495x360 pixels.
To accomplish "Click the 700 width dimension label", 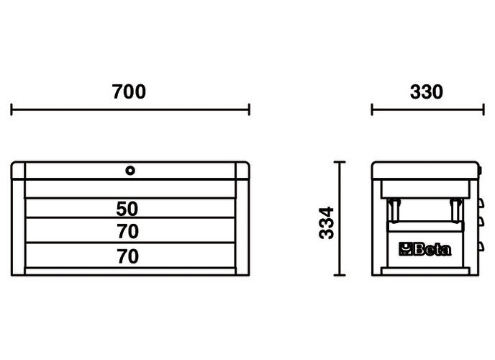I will click(130, 92).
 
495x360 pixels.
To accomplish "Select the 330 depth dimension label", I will click(427, 92).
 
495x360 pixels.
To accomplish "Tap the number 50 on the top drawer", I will click(127, 209).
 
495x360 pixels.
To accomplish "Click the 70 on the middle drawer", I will click(127, 232).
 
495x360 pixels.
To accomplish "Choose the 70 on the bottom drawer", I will click(127, 256).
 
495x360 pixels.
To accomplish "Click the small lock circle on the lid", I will click(130, 171).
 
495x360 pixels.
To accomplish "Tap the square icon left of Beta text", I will click(406, 251).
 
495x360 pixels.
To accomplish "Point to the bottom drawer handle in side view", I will click(478, 248).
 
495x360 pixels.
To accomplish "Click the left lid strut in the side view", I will click(394, 211).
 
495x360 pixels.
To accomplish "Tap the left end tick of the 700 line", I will click(12, 109).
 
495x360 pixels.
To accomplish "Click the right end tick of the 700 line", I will click(249, 109).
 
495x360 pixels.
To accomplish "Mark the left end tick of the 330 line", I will click(372, 109).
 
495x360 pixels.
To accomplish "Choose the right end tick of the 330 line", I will click(483, 109).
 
